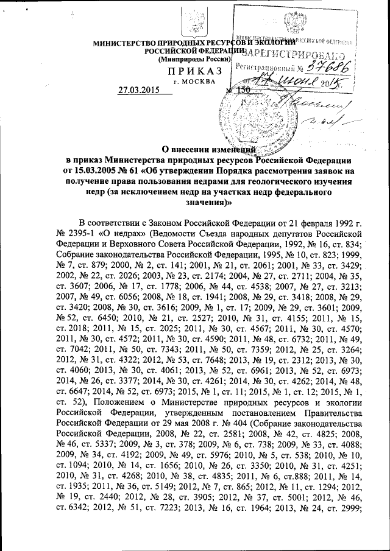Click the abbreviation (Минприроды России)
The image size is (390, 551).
[193, 60]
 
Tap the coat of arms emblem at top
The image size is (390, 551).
[195, 23]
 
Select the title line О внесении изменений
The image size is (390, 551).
[211, 150]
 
